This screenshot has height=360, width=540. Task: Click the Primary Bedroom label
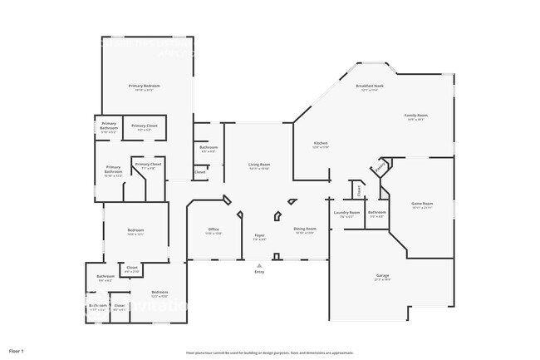(144, 86)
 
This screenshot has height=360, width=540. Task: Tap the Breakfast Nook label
(369, 86)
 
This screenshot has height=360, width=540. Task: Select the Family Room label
(415, 116)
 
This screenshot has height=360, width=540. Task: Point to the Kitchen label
(321, 144)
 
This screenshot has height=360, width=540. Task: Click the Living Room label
(259, 165)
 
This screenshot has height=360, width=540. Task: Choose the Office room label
(214, 229)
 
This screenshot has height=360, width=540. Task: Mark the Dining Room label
(304, 229)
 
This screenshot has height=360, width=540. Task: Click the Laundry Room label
(347, 213)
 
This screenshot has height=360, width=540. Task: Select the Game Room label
(423, 204)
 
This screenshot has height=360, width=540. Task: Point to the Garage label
(382, 275)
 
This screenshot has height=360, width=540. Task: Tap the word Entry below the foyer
(259, 272)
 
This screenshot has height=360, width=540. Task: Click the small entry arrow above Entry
(259, 265)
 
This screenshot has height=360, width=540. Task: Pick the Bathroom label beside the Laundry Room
(377, 213)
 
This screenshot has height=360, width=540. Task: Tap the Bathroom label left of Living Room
(208, 148)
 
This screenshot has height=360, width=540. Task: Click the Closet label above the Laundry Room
(358, 190)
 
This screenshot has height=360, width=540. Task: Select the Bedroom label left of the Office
(135, 230)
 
